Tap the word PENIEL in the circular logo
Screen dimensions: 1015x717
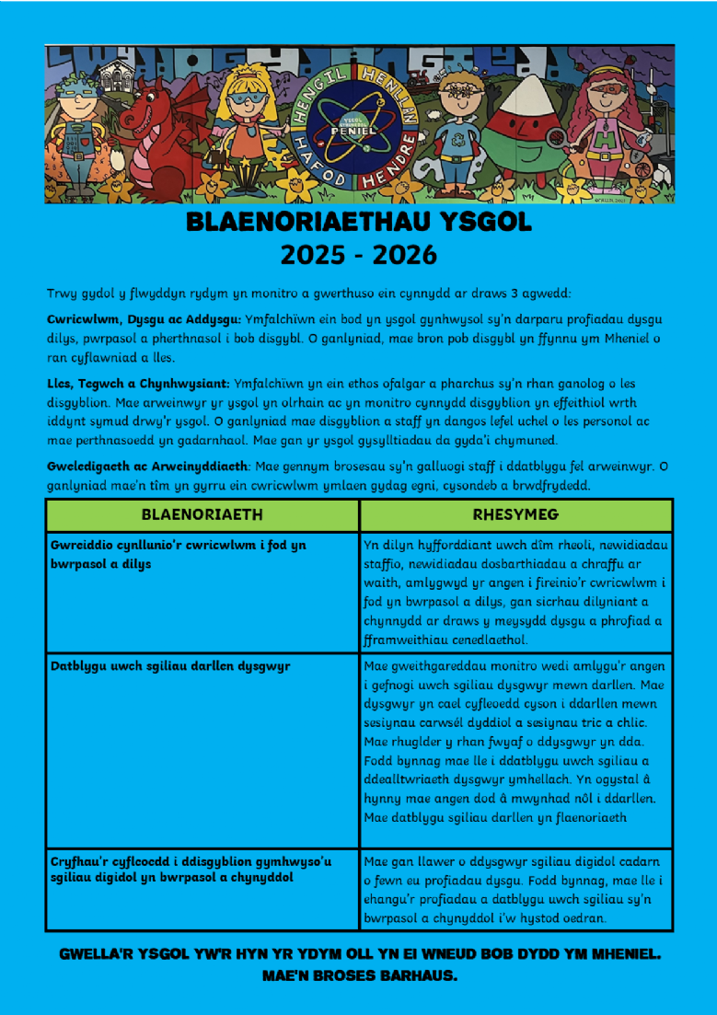(360, 132)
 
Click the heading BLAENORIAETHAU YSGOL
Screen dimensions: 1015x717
(359, 223)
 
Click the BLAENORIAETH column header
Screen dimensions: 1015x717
(202, 514)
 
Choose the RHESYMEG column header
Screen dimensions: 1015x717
(515, 514)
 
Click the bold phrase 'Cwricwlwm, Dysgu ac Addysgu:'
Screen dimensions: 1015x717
(144, 318)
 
